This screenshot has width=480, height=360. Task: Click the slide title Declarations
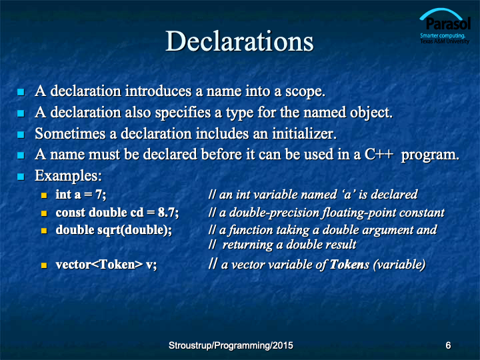239,41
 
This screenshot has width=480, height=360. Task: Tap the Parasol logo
445,26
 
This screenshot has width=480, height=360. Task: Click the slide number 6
448,345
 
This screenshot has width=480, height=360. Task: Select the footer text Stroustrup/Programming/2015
231,345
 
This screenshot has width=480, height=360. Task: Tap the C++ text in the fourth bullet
379,154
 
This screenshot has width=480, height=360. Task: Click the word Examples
68,176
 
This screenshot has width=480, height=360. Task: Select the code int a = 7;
81,195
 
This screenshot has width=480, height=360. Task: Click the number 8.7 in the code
166,213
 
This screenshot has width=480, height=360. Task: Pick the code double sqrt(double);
114,230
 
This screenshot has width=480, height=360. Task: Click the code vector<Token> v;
106,265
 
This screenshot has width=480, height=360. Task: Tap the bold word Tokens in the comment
349,265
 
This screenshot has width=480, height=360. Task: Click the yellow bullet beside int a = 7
44,195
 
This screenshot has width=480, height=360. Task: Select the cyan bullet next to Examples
21,177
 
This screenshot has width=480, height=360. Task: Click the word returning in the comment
247,245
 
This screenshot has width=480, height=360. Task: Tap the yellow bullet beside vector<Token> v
44,265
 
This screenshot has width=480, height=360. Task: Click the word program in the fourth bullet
430,155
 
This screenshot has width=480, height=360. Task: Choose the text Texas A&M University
445,41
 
